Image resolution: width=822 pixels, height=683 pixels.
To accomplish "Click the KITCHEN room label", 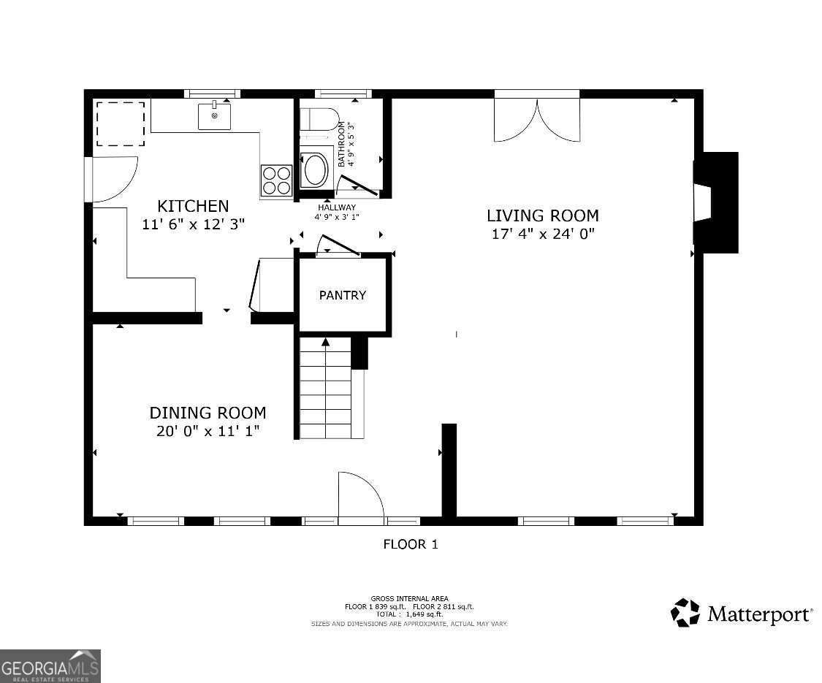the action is (x=193, y=205).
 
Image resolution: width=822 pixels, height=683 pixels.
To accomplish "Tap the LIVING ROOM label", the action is (x=543, y=215).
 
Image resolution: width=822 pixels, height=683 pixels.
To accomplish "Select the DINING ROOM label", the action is (x=208, y=413).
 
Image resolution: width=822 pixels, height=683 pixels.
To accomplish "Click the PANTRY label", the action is (x=343, y=295).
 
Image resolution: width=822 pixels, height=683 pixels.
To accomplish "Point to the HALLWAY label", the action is (x=337, y=207).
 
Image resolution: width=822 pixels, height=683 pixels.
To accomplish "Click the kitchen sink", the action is (x=214, y=116).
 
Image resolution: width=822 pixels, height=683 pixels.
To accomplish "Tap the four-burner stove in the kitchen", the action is (x=277, y=181).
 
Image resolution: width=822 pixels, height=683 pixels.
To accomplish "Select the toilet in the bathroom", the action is (x=320, y=119).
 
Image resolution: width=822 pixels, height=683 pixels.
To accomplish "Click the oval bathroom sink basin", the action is (x=314, y=169).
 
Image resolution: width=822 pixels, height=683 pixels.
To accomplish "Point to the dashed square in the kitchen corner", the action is (x=120, y=124).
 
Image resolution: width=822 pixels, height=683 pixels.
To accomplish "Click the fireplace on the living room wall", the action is (x=715, y=202).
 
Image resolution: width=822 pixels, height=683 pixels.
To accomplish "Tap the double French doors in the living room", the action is (x=537, y=120).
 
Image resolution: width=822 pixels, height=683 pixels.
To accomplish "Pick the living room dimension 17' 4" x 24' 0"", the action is (x=543, y=234).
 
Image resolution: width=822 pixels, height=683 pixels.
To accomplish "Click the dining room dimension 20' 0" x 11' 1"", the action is (x=208, y=432).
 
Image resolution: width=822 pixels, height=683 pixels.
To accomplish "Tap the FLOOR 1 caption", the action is (x=411, y=544).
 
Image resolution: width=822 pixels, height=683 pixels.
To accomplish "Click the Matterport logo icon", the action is (x=685, y=613).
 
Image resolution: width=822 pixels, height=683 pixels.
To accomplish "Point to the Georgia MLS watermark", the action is (x=50, y=666).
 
